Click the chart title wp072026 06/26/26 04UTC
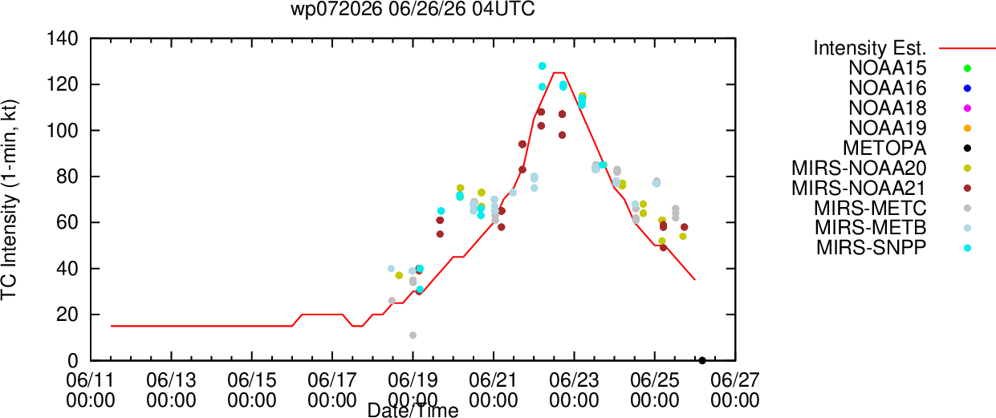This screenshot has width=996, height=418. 413,9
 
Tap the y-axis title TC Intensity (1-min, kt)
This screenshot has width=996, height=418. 9,200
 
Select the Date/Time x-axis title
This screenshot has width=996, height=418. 413,410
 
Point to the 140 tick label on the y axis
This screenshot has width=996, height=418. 63,39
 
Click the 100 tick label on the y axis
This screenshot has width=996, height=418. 63,131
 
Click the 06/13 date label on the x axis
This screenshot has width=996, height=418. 171,380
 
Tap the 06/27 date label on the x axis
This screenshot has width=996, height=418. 735,380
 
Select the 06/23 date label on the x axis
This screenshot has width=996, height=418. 574,380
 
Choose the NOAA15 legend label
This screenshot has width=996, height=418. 888,68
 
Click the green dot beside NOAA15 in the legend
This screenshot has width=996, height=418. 967,68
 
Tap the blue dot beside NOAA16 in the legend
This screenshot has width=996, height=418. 967,88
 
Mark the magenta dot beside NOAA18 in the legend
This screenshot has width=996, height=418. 967,108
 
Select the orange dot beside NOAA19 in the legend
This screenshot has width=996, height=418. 967,128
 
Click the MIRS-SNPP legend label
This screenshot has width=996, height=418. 872,248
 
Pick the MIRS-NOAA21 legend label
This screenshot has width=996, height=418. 859,188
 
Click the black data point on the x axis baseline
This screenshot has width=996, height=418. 702,361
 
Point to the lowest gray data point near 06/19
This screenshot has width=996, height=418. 413,335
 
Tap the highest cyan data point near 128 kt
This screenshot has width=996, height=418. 542,66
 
